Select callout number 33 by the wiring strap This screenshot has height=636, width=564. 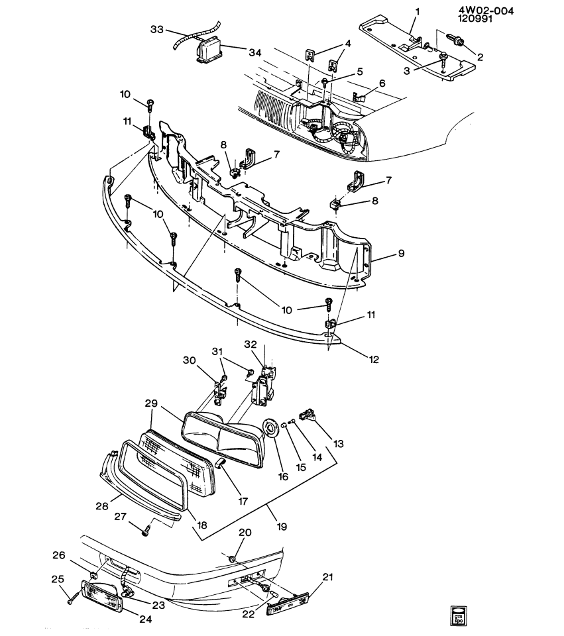158,29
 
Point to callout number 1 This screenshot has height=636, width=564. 418,11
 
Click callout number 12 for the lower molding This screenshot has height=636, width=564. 374,360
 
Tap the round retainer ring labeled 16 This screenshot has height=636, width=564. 270,429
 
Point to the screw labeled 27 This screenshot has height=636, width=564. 146,529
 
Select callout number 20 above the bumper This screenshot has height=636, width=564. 245,532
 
